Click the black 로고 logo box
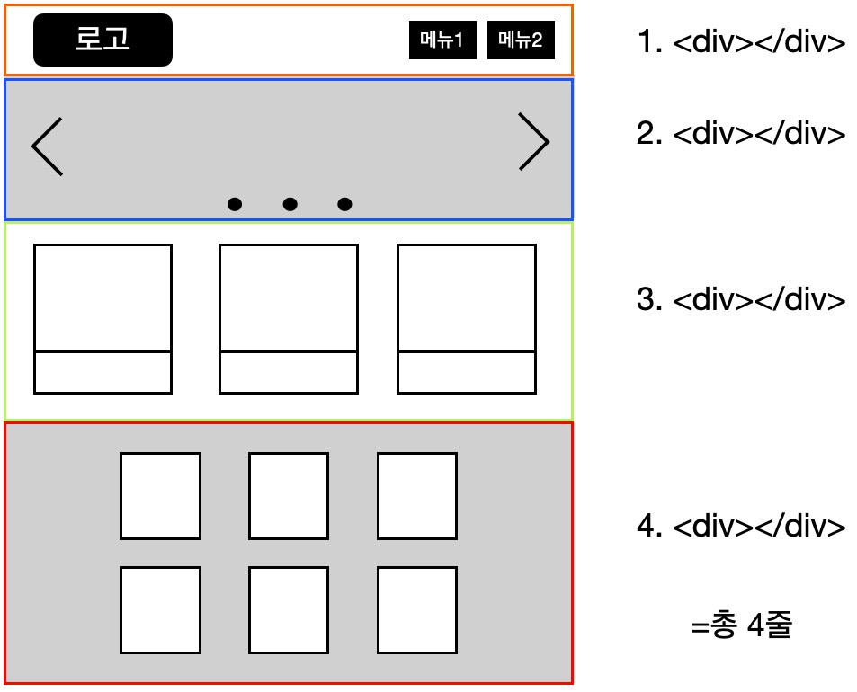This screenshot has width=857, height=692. (x=103, y=40)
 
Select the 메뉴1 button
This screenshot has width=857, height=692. (x=442, y=40)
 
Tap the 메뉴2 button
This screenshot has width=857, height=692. (x=521, y=40)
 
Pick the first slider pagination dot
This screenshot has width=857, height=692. (x=235, y=204)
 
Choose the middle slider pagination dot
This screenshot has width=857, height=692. (x=290, y=204)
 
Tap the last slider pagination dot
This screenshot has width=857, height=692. (x=345, y=204)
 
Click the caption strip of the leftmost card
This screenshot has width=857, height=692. (x=103, y=372)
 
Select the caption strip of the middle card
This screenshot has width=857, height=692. (x=289, y=372)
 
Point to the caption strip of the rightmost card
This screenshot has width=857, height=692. (x=467, y=372)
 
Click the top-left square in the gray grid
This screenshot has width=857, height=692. (x=161, y=496)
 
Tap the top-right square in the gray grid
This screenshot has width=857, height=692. (x=417, y=496)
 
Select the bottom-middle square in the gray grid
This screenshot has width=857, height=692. (x=289, y=610)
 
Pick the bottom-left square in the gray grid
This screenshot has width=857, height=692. (x=161, y=610)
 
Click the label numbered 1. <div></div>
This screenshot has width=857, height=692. (x=742, y=41)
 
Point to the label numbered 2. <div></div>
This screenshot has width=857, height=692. (x=742, y=133)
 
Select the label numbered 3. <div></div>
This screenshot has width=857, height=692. (x=742, y=299)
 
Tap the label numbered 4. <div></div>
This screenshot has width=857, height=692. (x=742, y=526)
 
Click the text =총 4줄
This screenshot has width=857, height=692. (x=742, y=625)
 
